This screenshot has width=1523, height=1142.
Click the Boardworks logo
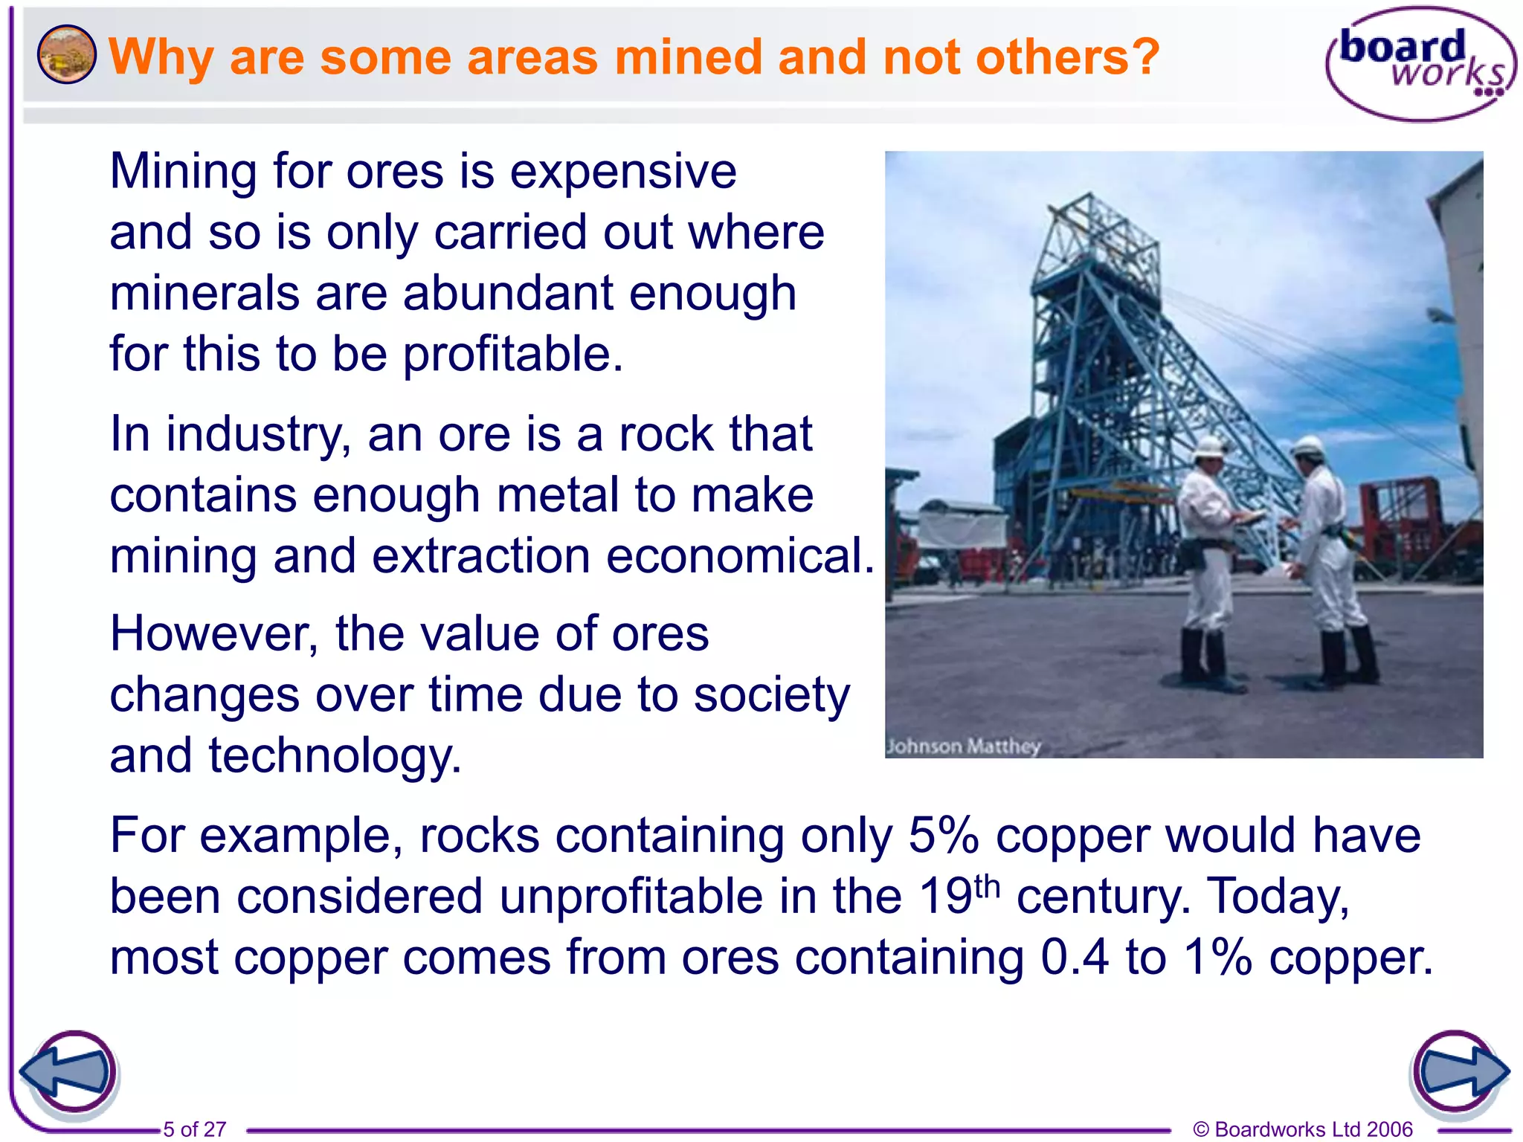(1419, 64)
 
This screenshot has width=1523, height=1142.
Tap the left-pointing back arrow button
(68, 1073)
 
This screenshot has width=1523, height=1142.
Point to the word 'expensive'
(623, 172)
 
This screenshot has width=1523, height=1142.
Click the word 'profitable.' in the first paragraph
(512, 355)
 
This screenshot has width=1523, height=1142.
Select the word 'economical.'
(740, 556)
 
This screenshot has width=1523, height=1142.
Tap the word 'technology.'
(335, 756)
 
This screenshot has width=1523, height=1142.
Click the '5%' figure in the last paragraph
(942, 836)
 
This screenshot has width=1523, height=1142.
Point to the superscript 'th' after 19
(987, 886)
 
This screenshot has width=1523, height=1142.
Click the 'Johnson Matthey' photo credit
(963, 746)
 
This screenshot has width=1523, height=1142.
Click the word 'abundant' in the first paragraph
(508, 294)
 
